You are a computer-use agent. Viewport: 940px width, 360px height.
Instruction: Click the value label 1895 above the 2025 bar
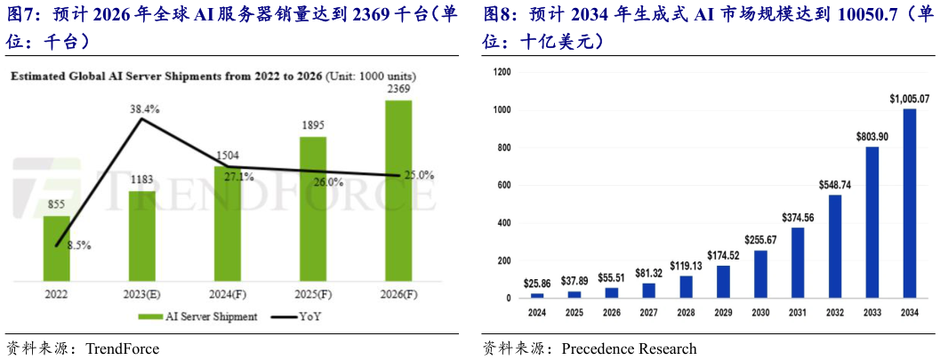point(312,126)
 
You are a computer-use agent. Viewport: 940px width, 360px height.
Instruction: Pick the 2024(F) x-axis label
point(227,292)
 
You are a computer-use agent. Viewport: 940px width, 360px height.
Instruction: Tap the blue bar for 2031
point(798,262)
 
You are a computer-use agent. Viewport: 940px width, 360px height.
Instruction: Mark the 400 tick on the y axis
point(504,222)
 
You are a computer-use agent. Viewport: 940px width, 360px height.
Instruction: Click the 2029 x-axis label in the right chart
point(723,313)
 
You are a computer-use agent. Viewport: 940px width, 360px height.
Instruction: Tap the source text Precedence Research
point(629,348)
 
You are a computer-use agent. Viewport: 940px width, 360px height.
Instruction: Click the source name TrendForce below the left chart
point(122,348)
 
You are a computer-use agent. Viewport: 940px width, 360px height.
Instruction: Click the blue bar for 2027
point(648,290)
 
